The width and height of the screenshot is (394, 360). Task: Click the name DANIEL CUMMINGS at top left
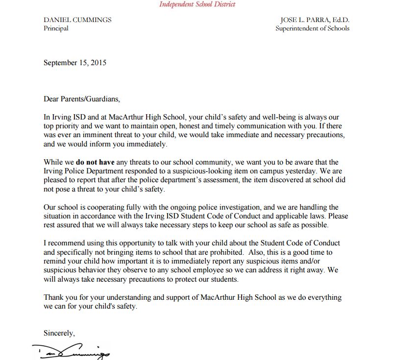(x=77, y=20)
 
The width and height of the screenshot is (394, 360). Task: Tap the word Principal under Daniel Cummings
(x=56, y=28)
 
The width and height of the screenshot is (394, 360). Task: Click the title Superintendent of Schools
(x=313, y=28)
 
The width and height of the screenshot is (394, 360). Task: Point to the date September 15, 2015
(x=75, y=63)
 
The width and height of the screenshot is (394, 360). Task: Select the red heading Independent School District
(x=197, y=4)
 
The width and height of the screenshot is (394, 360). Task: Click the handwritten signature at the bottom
(x=71, y=350)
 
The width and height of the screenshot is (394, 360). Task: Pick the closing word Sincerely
(x=59, y=333)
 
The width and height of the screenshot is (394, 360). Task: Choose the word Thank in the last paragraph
(x=53, y=298)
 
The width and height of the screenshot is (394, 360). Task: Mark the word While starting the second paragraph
(x=53, y=162)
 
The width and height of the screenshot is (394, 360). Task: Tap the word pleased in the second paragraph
(x=58, y=180)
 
